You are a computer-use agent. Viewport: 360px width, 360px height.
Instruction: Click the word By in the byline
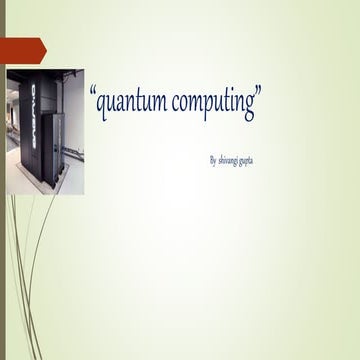(x=212, y=160)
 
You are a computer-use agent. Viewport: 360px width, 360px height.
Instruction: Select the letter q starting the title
(x=102, y=107)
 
